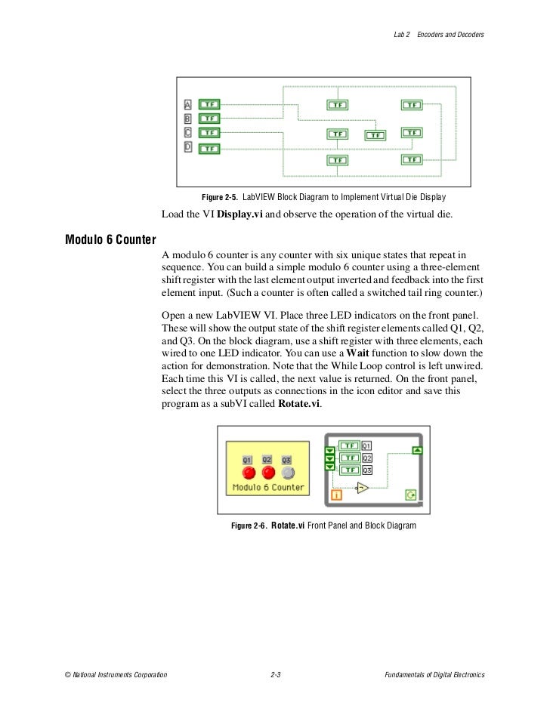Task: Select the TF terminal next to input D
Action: [209, 149]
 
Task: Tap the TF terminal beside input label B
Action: [209, 119]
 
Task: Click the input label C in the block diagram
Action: [188, 133]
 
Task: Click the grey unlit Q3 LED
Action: [287, 473]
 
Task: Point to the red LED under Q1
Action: [247, 473]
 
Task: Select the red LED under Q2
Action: [267, 473]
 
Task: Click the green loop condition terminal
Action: [410, 495]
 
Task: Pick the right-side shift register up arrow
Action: [416, 451]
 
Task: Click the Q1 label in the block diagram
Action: [367, 446]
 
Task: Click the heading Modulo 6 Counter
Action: [110, 240]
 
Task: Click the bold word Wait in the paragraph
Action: [358, 353]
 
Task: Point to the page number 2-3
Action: [276, 673]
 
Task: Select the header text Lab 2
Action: [402, 35]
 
